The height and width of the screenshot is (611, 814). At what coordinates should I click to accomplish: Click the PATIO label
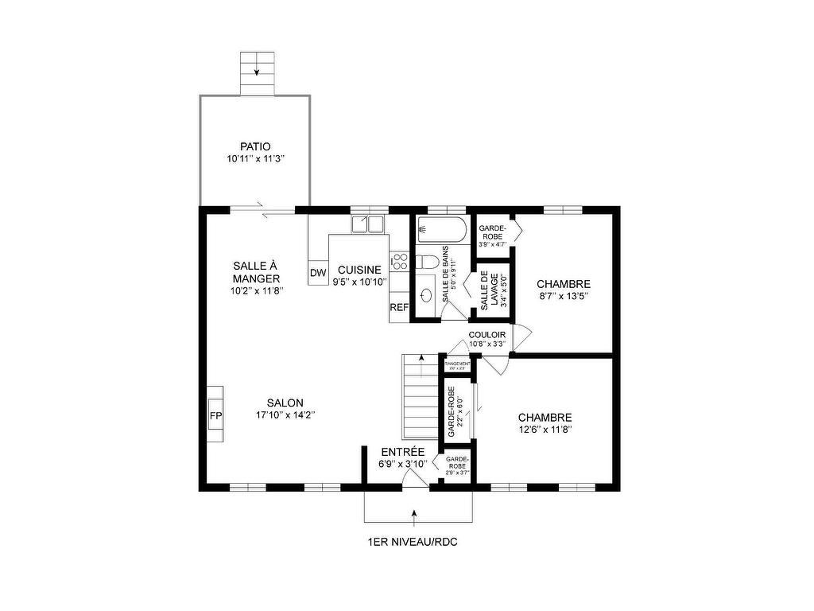255,146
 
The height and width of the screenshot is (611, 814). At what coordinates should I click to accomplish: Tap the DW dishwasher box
318,273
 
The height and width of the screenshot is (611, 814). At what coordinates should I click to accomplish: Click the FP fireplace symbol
215,415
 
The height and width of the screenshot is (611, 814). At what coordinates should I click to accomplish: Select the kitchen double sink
368,224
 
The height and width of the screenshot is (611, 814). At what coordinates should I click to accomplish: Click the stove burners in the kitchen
399,262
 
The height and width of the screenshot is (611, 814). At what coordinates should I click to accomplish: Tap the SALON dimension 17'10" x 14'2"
285,414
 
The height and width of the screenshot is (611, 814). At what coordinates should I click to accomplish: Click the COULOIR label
486,334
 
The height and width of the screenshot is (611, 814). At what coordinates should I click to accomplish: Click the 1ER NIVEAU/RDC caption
413,543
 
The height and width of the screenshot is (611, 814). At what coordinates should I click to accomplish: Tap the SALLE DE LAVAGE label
490,291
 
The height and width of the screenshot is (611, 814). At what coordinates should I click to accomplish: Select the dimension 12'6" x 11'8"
545,430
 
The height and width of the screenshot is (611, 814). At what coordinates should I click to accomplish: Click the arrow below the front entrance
413,517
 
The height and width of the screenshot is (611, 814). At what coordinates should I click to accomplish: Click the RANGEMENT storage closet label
457,364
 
